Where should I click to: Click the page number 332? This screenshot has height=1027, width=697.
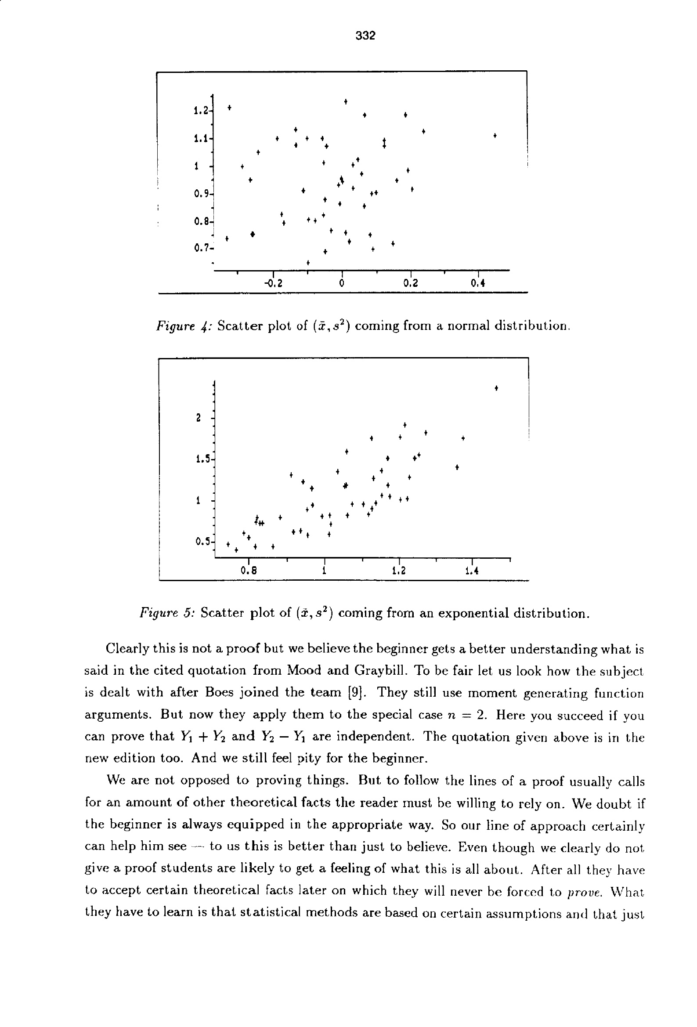point(365,36)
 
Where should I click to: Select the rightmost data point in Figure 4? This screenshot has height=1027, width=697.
point(495,135)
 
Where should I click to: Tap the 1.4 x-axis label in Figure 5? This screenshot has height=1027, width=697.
point(472,571)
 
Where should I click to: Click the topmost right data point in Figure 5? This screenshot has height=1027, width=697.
point(496,388)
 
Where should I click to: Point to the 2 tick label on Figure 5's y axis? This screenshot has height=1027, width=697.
point(199,418)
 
